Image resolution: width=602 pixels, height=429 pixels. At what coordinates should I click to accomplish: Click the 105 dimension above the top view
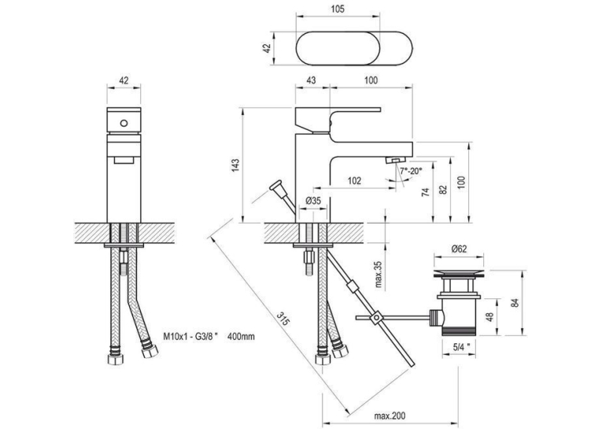pyautogui.click(x=338, y=9)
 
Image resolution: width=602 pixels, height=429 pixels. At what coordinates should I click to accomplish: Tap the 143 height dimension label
pyautogui.click(x=235, y=165)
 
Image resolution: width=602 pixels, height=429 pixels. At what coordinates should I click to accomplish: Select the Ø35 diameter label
pyautogui.click(x=313, y=201)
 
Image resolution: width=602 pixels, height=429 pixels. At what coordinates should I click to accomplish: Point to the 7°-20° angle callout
pyautogui.click(x=411, y=171)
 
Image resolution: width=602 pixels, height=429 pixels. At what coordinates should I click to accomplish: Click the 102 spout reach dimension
pyautogui.click(x=354, y=180)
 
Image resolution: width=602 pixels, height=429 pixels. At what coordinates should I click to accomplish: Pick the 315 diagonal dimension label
pyautogui.click(x=283, y=318)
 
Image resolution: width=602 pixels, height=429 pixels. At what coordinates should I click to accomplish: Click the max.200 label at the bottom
pyautogui.click(x=390, y=416)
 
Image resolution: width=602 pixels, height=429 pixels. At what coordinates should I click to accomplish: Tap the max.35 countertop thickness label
pyautogui.click(x=379, y=275)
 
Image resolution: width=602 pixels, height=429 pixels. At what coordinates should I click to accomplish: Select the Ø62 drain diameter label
pyautogui.click(x=459, y=249)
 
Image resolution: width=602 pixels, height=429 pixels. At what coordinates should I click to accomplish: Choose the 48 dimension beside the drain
pyautogui.click(x=489, y=317)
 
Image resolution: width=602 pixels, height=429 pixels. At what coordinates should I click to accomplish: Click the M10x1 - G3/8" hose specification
pyautogui.click(x=190, y=337)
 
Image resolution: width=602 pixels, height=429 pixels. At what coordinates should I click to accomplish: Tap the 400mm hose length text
pyautogui.click(x=241, y=337)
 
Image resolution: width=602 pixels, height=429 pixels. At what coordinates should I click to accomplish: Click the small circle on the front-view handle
pyautogui.click(x=124, y=124)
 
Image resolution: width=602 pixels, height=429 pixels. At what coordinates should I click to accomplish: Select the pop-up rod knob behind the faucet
pyautogui.click(x=275, y=187)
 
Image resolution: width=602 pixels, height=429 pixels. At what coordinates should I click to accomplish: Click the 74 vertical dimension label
pyautogui.click(x=425, y=192)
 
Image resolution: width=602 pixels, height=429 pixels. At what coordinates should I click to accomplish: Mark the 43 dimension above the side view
pyautogui.click(x=312, y=80)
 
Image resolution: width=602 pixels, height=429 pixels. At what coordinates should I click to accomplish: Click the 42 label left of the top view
pyautogui.click(x=268, y=48)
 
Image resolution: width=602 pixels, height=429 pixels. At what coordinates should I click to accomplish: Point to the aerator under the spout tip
pyautogui.click(x=395, y=159)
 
